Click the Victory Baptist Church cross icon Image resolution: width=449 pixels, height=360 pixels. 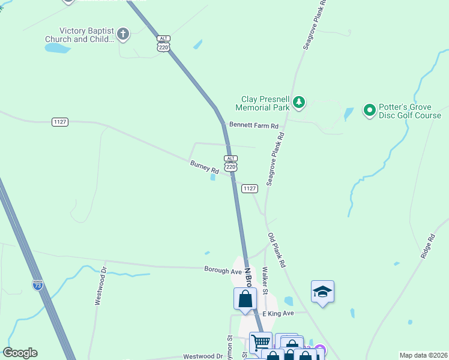pyautogui.click(x=123, y=34)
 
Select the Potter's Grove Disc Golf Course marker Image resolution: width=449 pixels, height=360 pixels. pyautogui.click(x=370, y=110)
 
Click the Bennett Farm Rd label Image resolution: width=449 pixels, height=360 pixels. pyautogui.click(x=254, y=126)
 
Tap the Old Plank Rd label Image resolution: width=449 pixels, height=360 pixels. pyautogui.click(x=277, y=250)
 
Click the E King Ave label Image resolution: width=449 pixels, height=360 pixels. pyautogui.click(x=278, y=313)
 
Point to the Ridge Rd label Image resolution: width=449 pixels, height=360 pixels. pyautogui.click(x=428, y=246)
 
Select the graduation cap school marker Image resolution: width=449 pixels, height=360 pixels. pyautogui.click(x=322, y=292)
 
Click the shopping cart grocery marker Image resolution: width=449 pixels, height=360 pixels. pyautogui.click(x=261, y=343)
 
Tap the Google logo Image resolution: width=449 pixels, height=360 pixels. pyautogui.click(x=20, y=353)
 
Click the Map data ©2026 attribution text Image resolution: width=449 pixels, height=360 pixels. pyautogui.click(x=423, y=355)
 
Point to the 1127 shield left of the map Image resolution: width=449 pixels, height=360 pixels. pyautogui.click(x=60, y=122)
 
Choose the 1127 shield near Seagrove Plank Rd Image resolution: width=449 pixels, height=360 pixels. pyautogui.click(x=250, y=188)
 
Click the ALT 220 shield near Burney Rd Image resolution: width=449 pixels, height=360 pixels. pyautogui.click(x=231, y=163)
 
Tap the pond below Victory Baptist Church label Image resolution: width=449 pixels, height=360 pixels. pyautogui.click(x=58, y=48)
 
